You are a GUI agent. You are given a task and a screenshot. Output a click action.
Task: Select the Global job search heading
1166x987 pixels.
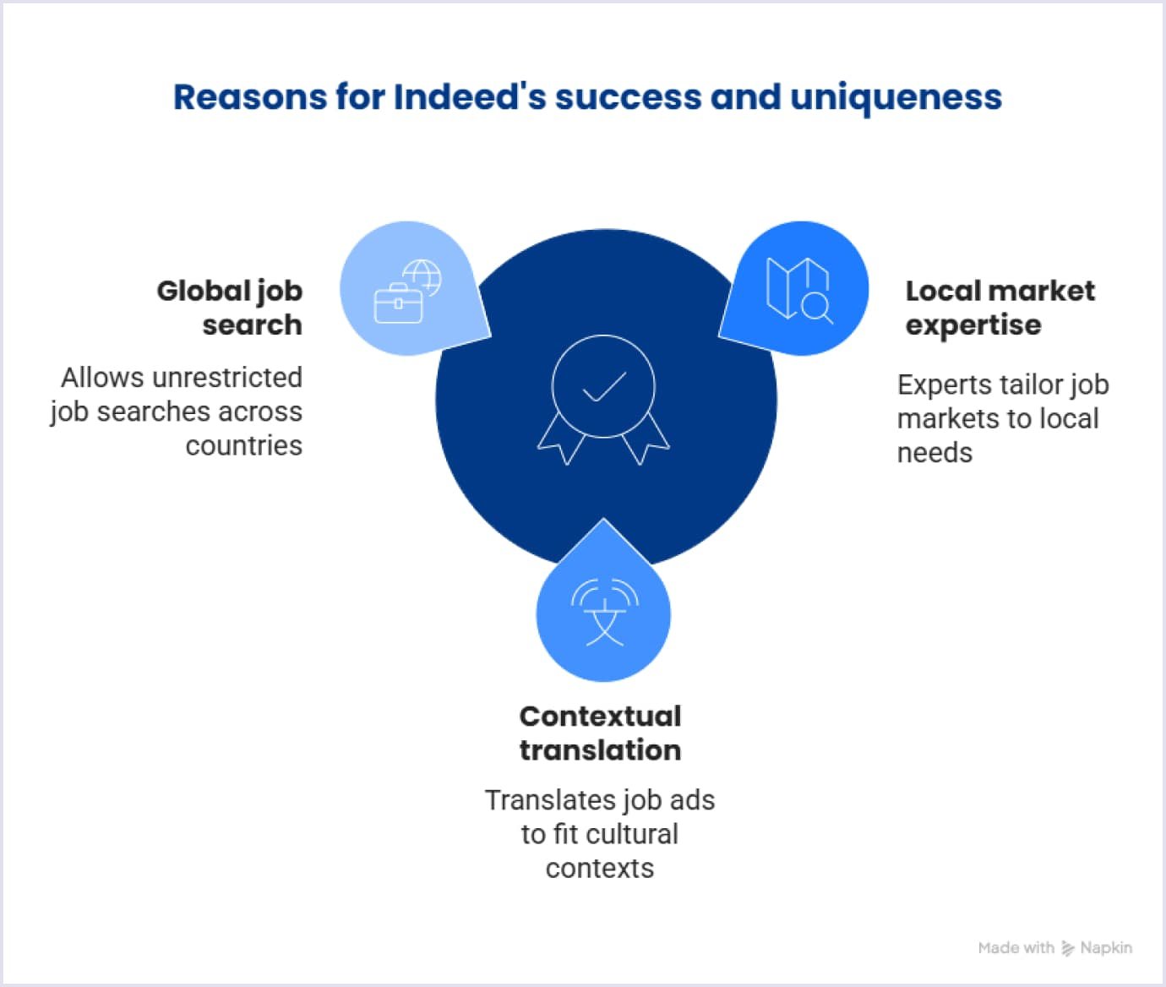pyautogui.click(x=230, y=308)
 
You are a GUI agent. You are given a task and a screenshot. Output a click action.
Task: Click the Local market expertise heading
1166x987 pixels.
pyautogui.click(x=1000, y=308)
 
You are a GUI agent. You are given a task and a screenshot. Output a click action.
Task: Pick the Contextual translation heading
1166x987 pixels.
pyautogui.click(x=600, y=733)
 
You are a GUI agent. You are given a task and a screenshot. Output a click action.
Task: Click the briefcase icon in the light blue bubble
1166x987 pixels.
pyautogui.click(x=398, y=304)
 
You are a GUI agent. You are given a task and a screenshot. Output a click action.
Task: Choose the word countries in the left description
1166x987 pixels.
pyautogui.click(x=244, y=445)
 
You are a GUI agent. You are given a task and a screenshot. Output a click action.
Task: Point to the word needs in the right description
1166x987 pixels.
pyautogui.click(x=934, y=453)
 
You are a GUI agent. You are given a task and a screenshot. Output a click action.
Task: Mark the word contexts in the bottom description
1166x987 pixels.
pyautogui.click(x=600, y=868)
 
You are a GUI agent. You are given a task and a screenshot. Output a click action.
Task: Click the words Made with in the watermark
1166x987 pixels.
pyautogui.click(x=1016, y=948)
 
